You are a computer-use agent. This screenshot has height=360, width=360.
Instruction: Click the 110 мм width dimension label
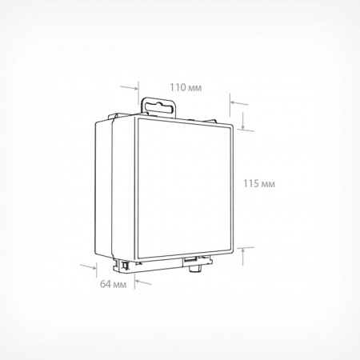coord(186,87)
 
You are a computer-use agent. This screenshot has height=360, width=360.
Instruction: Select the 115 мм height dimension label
coord(259,184)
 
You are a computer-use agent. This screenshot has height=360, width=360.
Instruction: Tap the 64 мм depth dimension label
coord(113,284)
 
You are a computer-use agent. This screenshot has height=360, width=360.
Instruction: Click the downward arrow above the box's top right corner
coord(243,120)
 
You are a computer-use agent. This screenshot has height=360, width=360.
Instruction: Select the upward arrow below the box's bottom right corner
coord(242,257)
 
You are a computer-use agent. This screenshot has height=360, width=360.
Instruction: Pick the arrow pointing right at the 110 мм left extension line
coord(130,87)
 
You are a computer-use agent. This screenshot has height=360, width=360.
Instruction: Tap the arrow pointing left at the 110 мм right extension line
coord(239,103)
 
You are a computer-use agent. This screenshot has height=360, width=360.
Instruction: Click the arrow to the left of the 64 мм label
coord(88,266)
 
